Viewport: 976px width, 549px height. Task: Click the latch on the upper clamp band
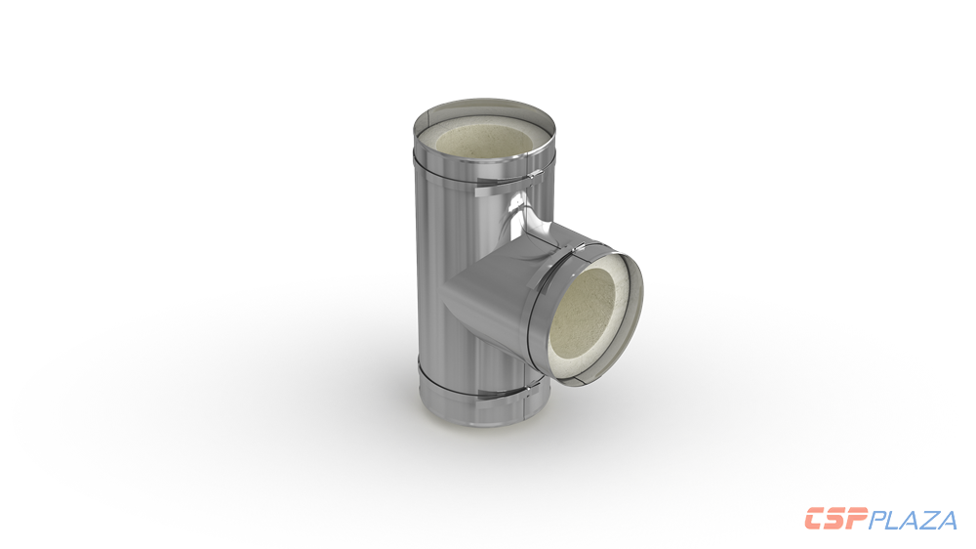point(531,177)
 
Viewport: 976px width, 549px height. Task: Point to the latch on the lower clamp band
point(528,392)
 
